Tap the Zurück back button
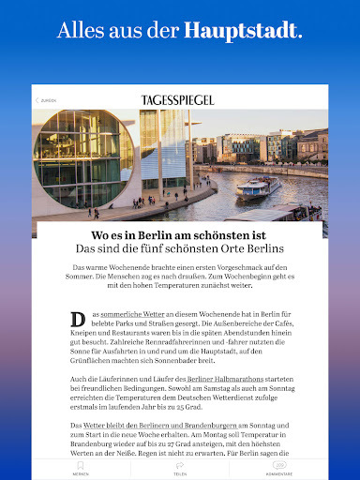click(46, 99)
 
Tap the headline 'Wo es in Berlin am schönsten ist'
click(180, 235)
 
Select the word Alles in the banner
click(78, 30)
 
